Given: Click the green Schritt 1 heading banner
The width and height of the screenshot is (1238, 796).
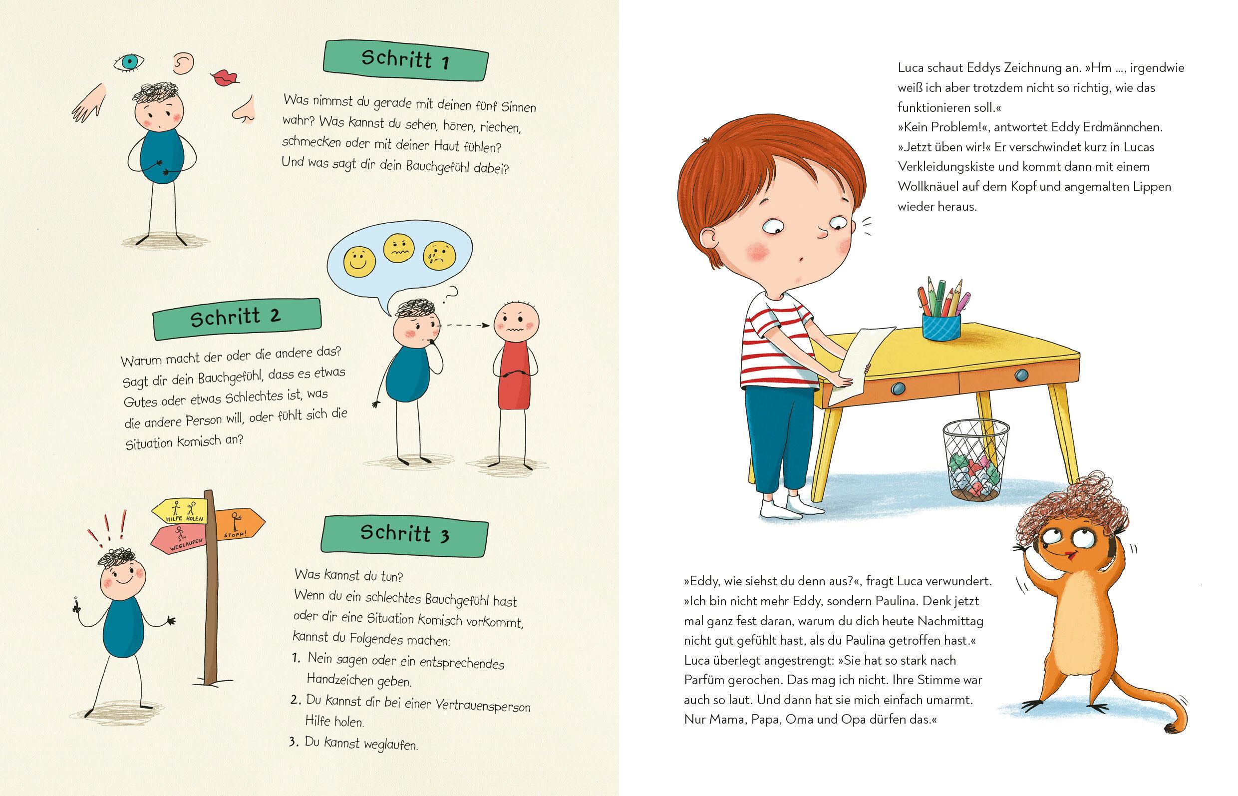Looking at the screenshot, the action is pyautogui.click(x=406, y=61).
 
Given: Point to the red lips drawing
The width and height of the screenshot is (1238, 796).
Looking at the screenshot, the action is pyautogui.click(x=225, y=77).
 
